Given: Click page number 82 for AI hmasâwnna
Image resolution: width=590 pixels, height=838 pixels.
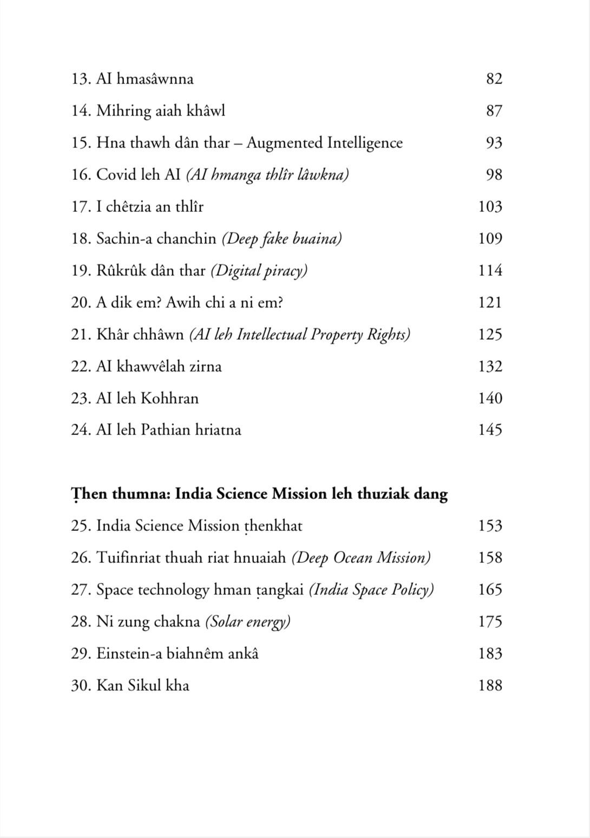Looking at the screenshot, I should click(494, 79).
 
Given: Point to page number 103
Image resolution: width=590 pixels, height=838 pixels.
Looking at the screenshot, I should click(490, 207).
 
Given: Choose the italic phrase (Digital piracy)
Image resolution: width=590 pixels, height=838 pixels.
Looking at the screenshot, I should click(259, 271).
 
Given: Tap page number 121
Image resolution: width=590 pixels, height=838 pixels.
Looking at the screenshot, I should click(490, 302).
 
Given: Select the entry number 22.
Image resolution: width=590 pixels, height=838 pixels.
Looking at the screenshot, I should click(81, 367).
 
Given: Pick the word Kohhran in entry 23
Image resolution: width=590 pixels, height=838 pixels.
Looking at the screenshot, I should click(169, 399).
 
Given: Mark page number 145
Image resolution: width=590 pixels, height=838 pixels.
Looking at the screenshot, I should click(490, 430).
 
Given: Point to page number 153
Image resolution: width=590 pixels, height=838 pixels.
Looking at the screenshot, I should click(490, 526).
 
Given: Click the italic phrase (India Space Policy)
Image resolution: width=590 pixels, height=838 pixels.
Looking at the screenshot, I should click(371, 590).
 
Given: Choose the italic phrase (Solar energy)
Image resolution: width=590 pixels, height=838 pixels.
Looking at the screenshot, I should click(247, 622).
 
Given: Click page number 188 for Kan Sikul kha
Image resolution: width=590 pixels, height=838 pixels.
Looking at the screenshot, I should click(490, 686).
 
